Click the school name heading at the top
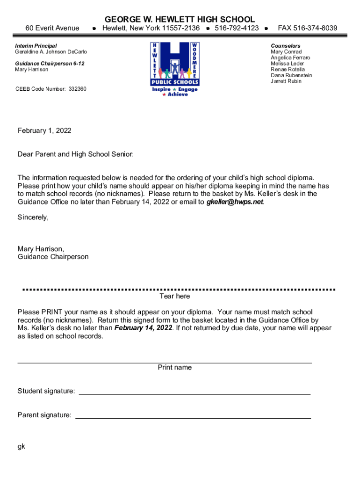(x=180, y=19)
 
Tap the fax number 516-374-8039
(x=307, y=29)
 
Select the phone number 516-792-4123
(x=237, y=29)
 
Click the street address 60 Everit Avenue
(x=52, y=29)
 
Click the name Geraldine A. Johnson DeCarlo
(x=51, y=52)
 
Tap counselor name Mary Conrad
(x=286, y=52)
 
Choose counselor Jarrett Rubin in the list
(x=286, y=81)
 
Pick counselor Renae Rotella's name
(x=288, y=70)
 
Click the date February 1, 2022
(x=44, y=131)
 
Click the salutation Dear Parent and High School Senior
(x=75, y=154)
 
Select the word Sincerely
(x=33, y=217)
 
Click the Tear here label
(x=174, y=296)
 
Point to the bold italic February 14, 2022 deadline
(x=143, y=328)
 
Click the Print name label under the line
(x=174, y=368)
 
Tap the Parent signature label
(x=44, y=415)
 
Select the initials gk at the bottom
(x=22, y=446)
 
